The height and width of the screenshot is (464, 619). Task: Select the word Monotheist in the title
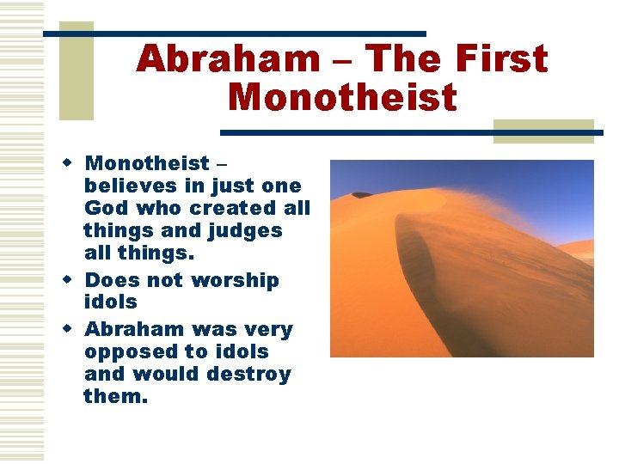point(342,97)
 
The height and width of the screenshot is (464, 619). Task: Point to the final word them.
point(115,397)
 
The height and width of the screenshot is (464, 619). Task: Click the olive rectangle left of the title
point(76,71)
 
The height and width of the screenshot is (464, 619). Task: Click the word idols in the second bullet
point(111,302)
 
